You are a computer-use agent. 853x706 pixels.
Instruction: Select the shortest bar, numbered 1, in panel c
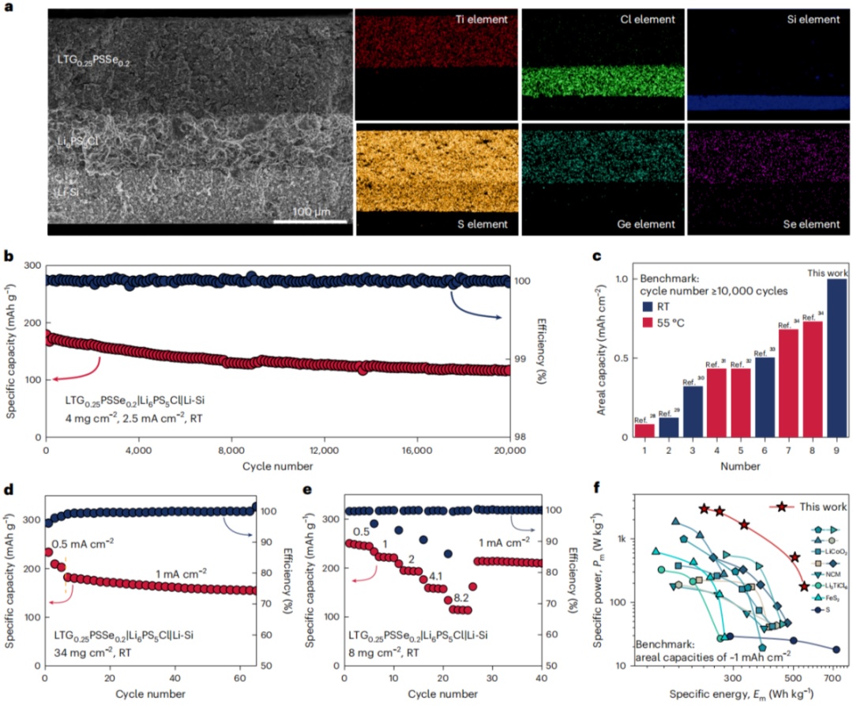click(644, 431)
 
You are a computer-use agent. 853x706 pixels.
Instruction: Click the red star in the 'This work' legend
click(781, 507)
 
